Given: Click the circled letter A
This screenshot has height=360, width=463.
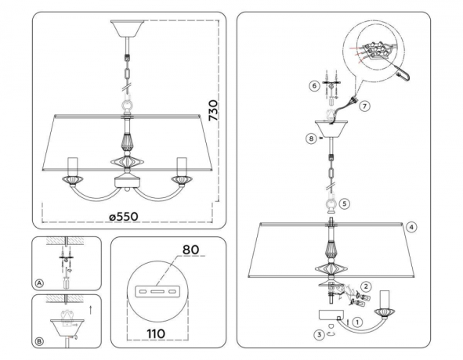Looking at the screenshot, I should coord(39,283).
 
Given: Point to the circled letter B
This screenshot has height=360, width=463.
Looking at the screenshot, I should coord(39,341).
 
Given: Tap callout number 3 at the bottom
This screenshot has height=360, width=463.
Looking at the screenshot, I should coord(320,334).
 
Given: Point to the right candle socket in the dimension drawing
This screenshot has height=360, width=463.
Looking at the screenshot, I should coord(183,167).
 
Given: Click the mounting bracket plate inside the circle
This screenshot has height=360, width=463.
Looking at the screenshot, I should coord(160,291).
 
